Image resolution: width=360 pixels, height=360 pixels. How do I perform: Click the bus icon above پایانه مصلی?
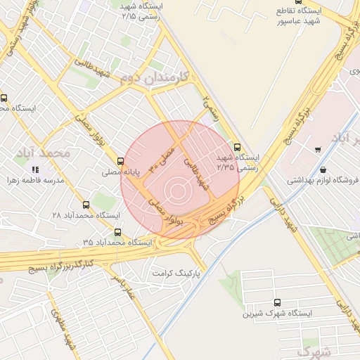pyautogui.click(x=121, y=161)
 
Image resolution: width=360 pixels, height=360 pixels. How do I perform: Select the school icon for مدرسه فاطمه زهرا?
pyautogui.click(x=35, y=169)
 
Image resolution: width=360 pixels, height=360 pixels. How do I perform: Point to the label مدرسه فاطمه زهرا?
pyautogui.click(x=35, y=180)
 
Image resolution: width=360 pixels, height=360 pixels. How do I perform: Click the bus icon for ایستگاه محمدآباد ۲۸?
pyautogui.click(x=86, y=205)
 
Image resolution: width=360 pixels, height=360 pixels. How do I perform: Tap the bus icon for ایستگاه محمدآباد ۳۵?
pyautogui.click(x=117, y=232)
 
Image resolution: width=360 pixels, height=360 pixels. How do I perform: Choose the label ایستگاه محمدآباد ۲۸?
pyautogui.click(x=77, y=215)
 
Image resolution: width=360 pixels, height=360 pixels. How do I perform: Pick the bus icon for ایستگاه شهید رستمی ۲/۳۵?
pyautogui.click(x=237, y=148)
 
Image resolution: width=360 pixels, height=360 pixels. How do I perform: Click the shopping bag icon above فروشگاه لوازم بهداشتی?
pyautogui.click(x=323, y=169)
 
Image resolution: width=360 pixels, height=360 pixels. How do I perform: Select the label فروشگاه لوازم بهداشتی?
pyautogui.click(x=323, y=180)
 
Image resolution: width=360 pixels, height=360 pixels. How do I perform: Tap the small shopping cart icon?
pyautogui.click(x=319, y=149)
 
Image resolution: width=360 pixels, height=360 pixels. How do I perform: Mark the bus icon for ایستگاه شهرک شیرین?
pyautogui.click(x=276, y=301)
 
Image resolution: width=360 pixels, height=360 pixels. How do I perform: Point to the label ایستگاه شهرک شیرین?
pyautogui.click(x=267, y=311)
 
